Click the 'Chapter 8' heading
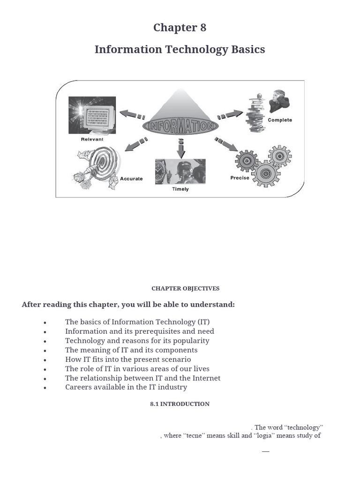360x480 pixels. coord(180,28)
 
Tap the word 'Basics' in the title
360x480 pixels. coord(247,49)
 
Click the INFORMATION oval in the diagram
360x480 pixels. coord(180,126)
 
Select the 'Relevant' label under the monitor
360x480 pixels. coord(92,139)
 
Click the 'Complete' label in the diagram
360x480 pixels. coord(280,120)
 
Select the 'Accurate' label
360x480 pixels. coord(131,179)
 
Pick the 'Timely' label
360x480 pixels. coord(180,189)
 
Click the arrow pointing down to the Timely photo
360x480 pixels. coord(181,149)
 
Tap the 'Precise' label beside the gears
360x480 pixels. coord(240,178)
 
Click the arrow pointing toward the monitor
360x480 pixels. coord(132,114)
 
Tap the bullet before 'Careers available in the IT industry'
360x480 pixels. coord(45,388)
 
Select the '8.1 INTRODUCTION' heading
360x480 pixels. coord(180,404)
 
